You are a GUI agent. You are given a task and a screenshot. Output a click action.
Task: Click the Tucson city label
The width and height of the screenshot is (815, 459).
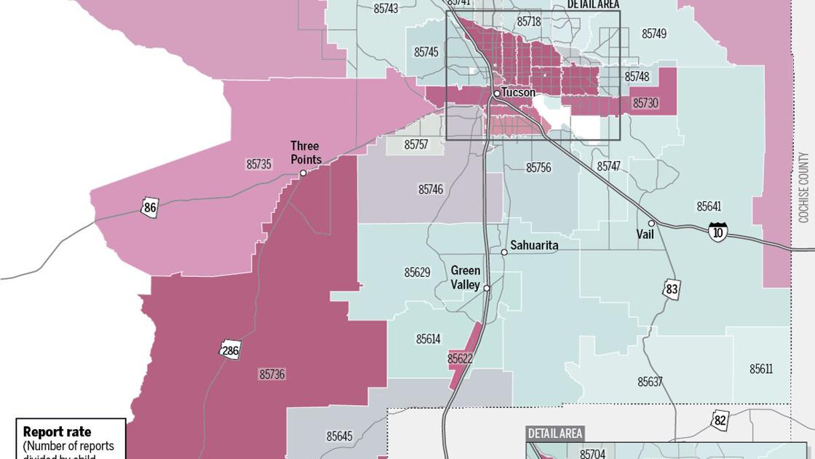[518, 93]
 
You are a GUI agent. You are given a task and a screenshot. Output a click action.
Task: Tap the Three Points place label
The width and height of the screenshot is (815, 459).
[305, 152]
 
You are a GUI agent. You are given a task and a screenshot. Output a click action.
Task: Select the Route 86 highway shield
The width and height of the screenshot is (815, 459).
[150, 208]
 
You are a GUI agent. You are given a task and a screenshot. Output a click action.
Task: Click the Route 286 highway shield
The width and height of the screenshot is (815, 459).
[231, 350]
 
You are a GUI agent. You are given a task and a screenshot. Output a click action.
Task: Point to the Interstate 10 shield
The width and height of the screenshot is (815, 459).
[717, 232]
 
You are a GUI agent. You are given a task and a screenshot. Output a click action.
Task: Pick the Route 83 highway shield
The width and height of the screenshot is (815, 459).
[671, 289]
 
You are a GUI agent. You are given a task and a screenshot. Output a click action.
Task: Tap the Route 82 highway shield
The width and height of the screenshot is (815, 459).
[720, 419]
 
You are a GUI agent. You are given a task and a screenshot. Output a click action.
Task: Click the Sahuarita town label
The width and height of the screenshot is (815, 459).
[534, 246]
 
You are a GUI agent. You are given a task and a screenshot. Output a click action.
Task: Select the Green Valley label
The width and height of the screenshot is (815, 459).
[465, 278]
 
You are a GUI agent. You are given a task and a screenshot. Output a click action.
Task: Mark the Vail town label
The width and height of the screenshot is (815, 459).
[645, 235]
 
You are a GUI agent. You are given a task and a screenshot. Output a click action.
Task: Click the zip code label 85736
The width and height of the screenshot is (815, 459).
[271, 374]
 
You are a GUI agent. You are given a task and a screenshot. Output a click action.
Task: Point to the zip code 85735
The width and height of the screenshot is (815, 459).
[258, 165]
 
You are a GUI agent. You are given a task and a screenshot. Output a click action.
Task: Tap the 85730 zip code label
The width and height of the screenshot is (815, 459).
[645, 103]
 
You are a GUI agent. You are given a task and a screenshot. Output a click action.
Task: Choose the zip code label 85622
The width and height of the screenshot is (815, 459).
[461, 358]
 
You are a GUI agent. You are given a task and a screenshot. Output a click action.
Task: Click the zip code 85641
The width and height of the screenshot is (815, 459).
[709, 206]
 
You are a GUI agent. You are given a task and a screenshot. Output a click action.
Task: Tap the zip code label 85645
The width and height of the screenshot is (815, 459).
[339, 436]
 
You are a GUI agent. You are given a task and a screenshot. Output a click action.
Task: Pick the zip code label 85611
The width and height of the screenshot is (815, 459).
[761, 369]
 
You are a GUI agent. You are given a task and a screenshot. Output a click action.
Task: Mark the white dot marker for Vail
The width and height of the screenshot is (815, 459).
[651, 224]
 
